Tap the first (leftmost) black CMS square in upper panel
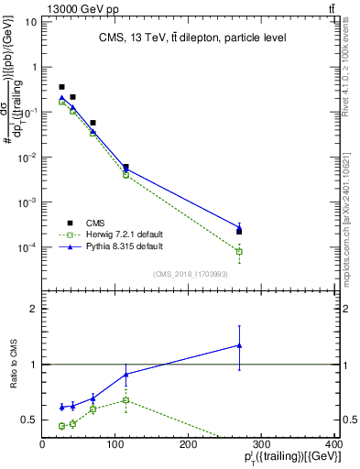point(61,87)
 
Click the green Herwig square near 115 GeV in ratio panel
point(125,400)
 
